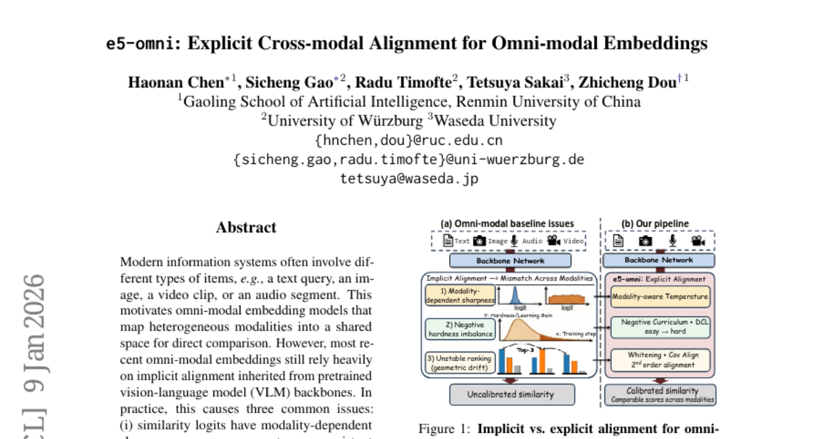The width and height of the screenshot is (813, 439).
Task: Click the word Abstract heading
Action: pyautogui.click(x=246, y=228)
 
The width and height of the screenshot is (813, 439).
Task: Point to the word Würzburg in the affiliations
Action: pyautogui.click(x=389, y=121)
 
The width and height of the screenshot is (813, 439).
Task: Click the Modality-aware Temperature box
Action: pyautogui.click(x=661, y=296)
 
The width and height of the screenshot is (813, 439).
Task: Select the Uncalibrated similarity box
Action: pyautogui.click(x=512, y=394)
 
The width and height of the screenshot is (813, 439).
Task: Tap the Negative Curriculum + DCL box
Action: pyautogui.click(x=661, y=327)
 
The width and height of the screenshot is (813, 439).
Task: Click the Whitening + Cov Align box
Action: pyautogui.click(x=661, y=359)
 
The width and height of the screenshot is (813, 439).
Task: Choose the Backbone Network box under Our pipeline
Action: pyautogui.click(x=659, y=259)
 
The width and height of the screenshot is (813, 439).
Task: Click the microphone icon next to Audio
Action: pyautogui.click(x=514, y=241)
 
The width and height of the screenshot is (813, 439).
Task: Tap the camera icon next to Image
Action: pyautogui.click(x=479, y=241)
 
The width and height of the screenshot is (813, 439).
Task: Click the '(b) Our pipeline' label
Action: pyautogui.click(x=654, y=224)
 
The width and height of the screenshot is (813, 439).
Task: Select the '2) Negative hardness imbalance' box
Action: pyautogui.click(x=458, y=329)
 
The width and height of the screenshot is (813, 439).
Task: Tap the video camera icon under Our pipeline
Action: pyautogui.click(x=698, y=241)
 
